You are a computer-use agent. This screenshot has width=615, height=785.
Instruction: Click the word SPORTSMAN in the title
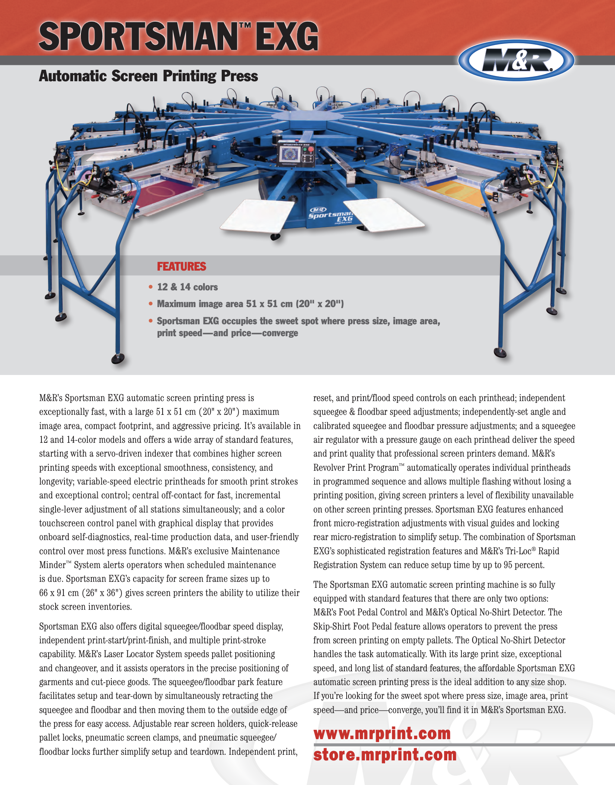(x=138, y=36)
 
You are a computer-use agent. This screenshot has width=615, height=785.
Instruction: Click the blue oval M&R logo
(x=516, y=60)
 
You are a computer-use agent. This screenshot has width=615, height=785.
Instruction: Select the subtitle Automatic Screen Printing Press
(x=148, y=76)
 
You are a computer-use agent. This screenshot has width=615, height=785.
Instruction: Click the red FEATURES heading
(x=182, y=267)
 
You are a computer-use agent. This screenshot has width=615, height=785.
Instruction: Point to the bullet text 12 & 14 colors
(x=187, y=287)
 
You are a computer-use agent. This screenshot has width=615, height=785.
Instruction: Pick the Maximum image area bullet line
(x=250, y=304)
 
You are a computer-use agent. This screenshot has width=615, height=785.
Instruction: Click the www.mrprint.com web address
(x=382, y=733)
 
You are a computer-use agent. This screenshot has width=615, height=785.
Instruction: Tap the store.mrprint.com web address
(x=385, y=755)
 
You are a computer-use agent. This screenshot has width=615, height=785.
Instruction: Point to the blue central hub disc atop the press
(x=307, y=116)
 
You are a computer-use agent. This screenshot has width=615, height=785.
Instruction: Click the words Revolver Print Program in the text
(x=356, y=468)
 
